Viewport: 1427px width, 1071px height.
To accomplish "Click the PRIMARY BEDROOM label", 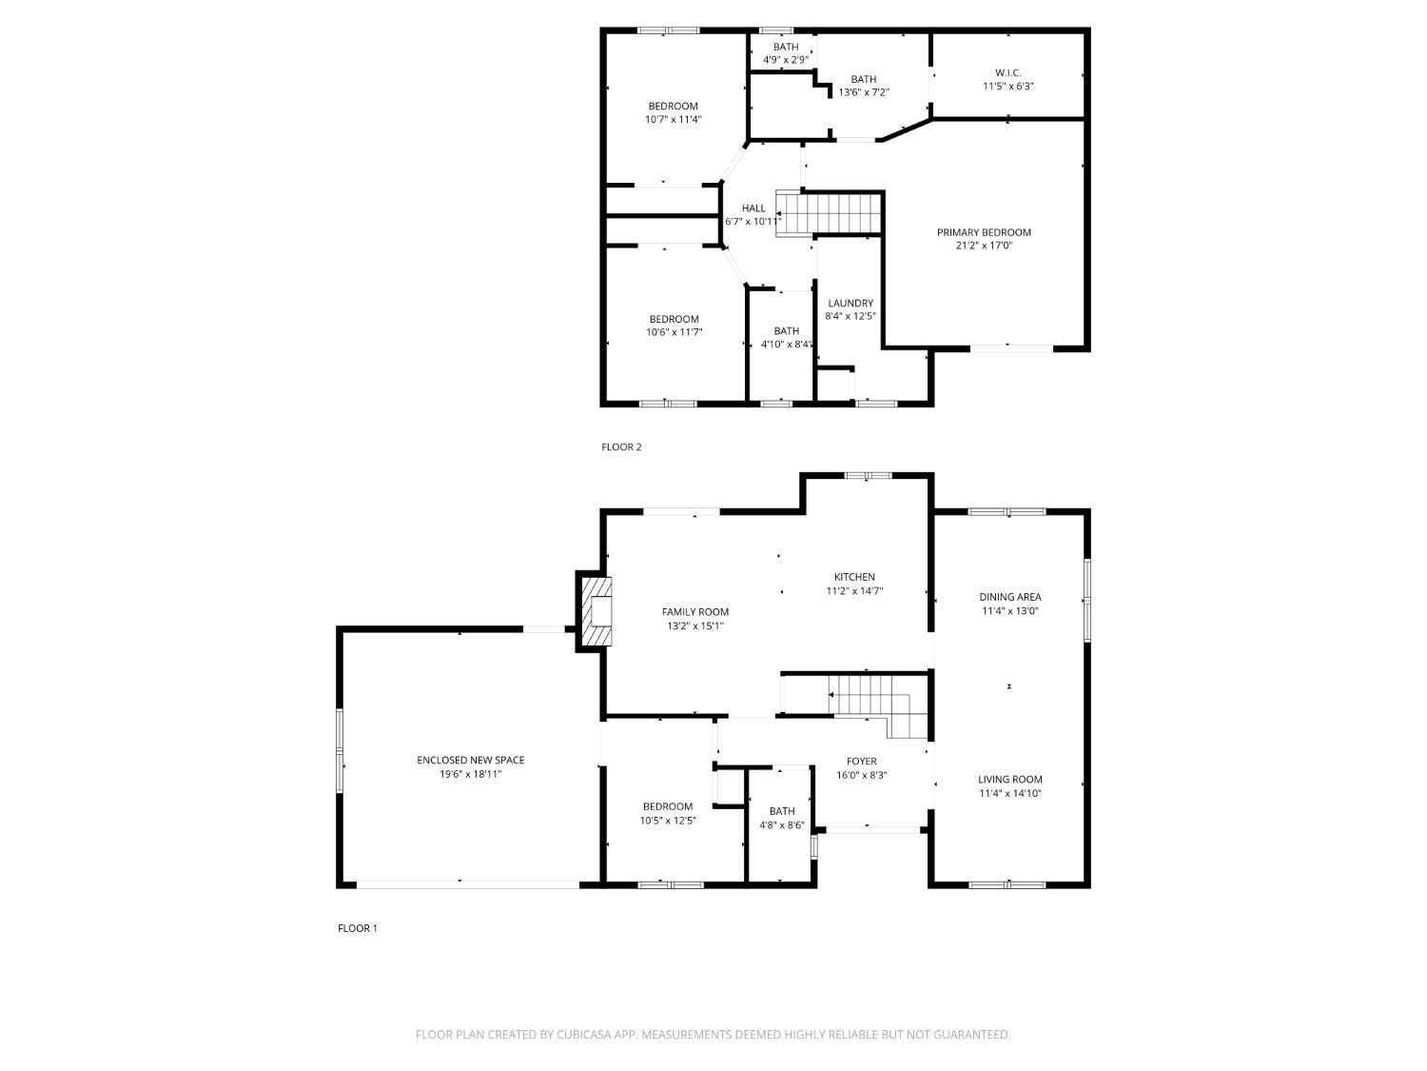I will point(984,232).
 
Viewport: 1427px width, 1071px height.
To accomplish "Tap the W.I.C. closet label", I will point(1007,72).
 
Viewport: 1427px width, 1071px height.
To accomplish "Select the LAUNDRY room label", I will point(850,303).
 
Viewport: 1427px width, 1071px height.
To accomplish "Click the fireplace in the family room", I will point(596,612).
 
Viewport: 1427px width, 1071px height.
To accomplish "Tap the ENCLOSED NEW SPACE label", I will point(470,760).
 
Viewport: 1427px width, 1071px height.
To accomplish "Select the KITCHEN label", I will point(854,577).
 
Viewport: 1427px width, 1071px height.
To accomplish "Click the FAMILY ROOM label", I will point(694,612).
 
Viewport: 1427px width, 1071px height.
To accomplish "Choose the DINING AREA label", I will point(1009,597).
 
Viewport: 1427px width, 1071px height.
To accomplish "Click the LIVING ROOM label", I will point(1009,779).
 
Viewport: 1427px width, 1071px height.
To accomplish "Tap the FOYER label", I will point(862,761).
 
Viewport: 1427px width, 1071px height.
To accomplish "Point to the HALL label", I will point(753,208).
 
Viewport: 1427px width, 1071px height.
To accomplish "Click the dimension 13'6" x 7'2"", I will point(863,92).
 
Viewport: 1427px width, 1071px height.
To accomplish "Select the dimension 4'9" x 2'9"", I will point(786,60).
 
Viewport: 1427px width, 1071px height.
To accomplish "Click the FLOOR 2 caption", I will point(621,446).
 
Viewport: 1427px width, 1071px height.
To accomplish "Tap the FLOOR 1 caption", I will point(358,928).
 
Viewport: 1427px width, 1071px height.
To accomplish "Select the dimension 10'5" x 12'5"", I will point(668,821).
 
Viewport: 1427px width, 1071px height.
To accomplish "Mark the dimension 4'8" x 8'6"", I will point(781,825).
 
